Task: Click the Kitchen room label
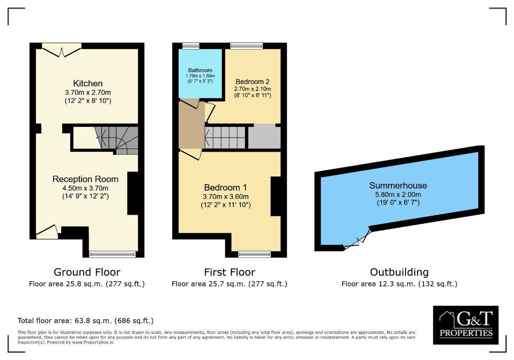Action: [87, 83]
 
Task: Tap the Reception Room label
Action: [85, 179]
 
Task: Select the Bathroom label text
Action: [200, 70]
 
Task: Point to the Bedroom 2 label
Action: [252, 81]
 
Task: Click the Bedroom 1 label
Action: [225, 187]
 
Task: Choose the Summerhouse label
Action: [398, 186]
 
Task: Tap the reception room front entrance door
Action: [47, 231]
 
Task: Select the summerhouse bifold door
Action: [356, 240]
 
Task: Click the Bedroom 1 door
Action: [191, 155]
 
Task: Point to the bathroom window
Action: [191, 46]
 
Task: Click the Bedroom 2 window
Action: [246, 46]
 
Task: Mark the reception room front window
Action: [112, 254]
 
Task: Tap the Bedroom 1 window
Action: [254, 254]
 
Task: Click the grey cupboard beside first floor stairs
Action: [264, 137]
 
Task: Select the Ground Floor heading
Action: [87, 272]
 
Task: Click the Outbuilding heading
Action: [399, 272]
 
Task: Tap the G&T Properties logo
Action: [465, 325]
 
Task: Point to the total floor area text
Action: [85, 321]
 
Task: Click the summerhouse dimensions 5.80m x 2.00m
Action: [398, 194]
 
